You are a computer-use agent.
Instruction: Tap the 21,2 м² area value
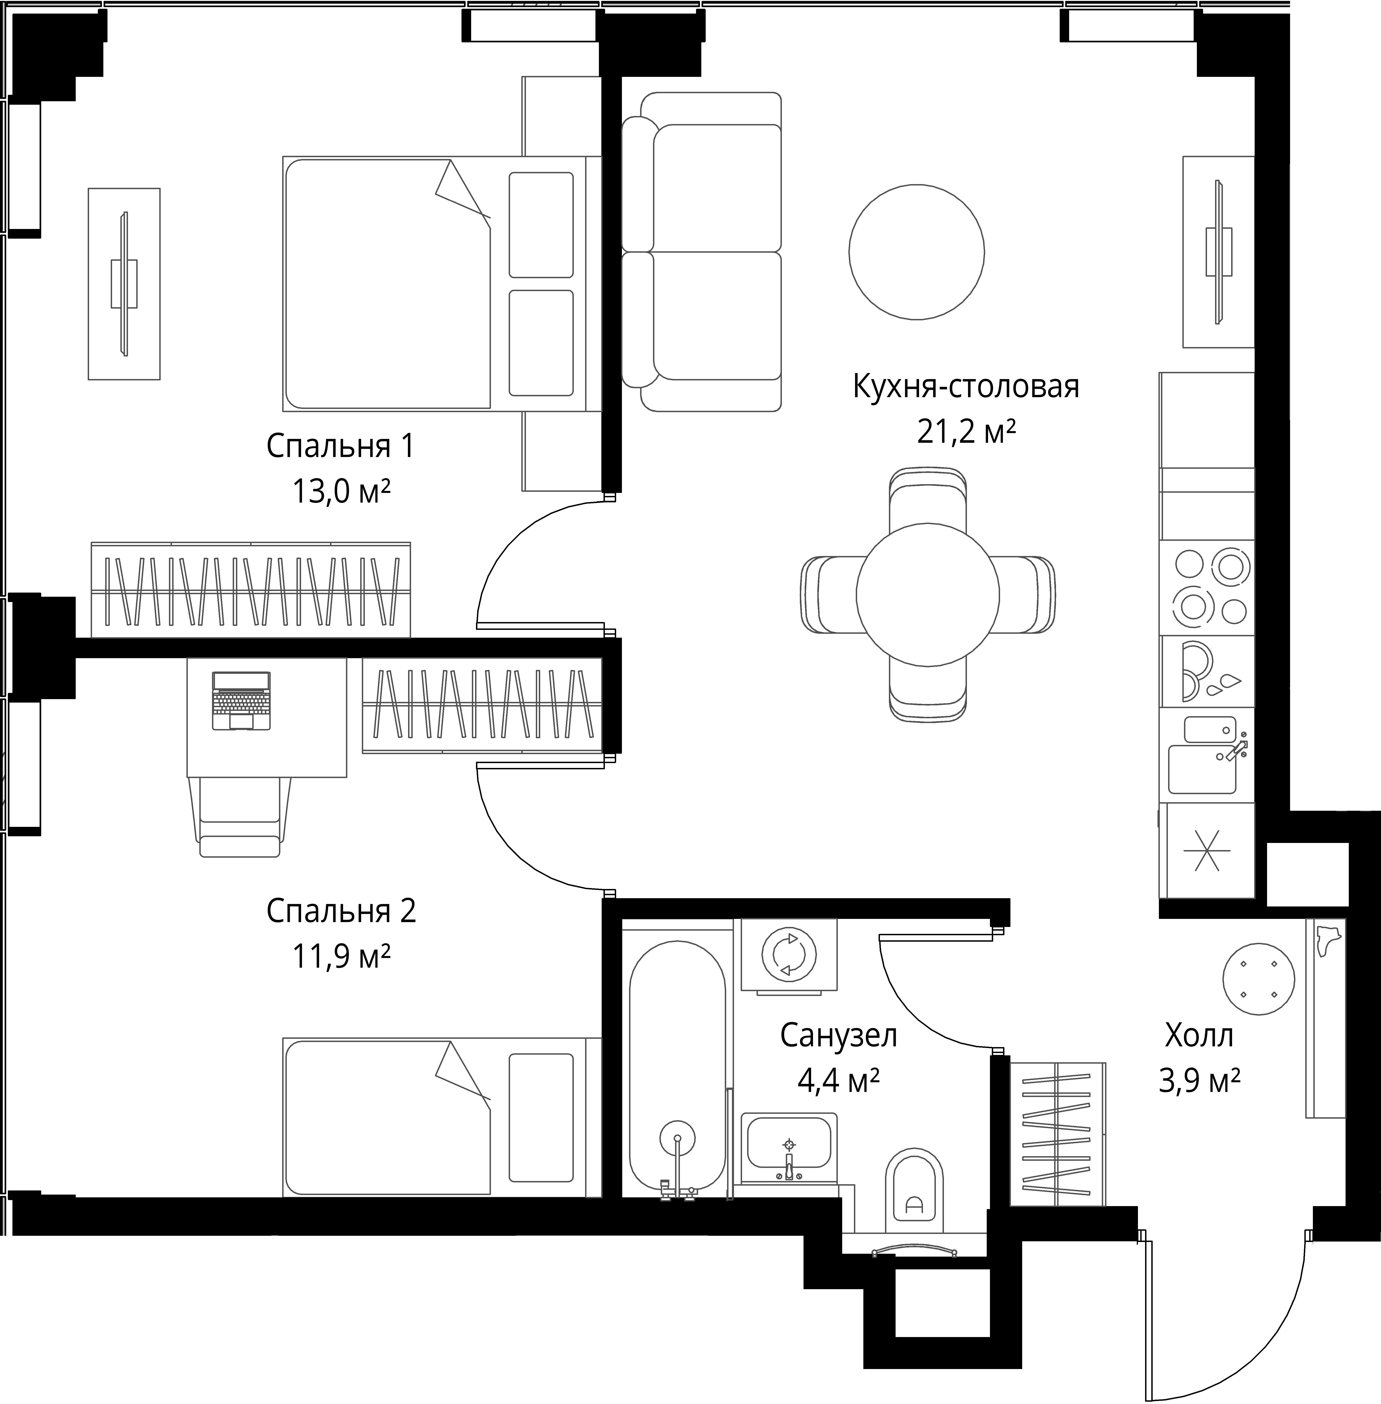[x=966, y=433]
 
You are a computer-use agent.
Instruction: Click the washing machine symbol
[x=789, y=955]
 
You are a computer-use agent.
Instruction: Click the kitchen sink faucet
[x=1237, y=750]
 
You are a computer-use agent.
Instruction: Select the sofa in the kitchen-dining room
[x=701, y=252]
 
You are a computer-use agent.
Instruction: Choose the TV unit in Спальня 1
[x=124, y=284]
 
